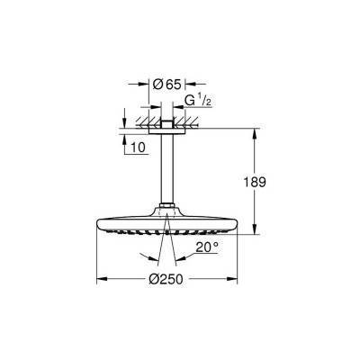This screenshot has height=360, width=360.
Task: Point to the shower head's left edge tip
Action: [x=97, y=226]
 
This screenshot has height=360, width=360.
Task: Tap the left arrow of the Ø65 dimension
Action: [x=153, y=85]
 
